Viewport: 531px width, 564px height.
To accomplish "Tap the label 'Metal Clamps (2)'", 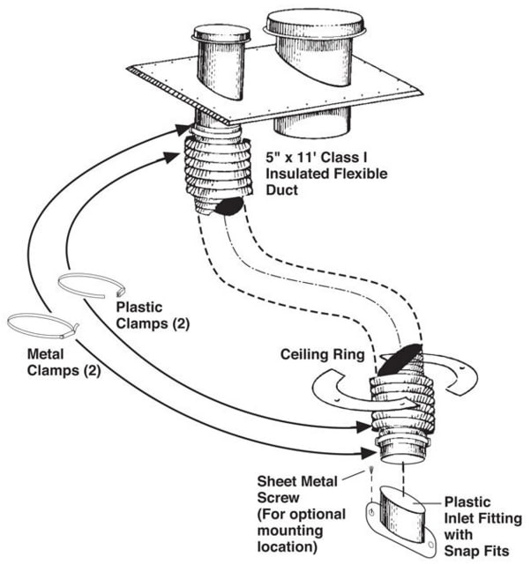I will tap(53, 364).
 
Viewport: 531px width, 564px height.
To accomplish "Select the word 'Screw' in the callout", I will tap(276, 500).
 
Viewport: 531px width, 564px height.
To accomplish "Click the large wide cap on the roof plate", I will tap(315, 26).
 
